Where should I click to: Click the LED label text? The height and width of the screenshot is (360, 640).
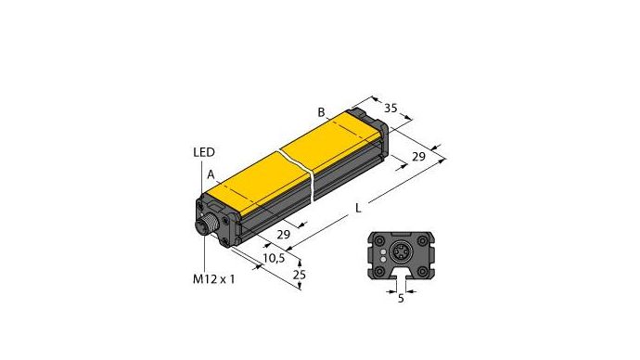[x=204, y=153]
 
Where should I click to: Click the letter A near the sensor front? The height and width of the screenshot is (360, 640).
[x=211, y=174]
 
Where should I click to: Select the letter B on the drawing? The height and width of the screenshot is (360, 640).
[x=321, y=113]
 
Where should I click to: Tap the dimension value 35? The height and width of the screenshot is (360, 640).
[x=391, y=109]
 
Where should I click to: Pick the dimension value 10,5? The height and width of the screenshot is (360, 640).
[x=275, y=257]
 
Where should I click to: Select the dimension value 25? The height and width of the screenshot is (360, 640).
[x=299, y=275]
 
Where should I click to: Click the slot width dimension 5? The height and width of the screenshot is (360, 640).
[x=402, y=298]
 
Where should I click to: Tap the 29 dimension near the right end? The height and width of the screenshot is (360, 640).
[x=418, y=157]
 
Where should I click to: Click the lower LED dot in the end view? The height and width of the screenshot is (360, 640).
[x=381, y=254]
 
